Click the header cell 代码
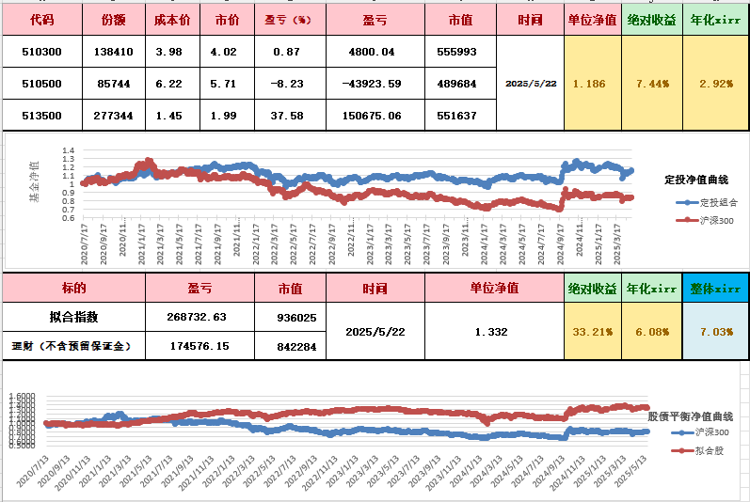[x=41, y=19]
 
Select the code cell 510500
[x=41, y=84]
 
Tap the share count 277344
[x=115, y=116]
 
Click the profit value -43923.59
[x=374, y=84]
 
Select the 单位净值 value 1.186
[x=590, y=84]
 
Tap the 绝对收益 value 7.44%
[x=652, y=84]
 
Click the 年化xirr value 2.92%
[x=717, y=84]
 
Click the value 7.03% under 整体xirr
[x=715, y=332]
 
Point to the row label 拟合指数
[x=72, y=316]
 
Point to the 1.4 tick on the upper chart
[x=68, y=150]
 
